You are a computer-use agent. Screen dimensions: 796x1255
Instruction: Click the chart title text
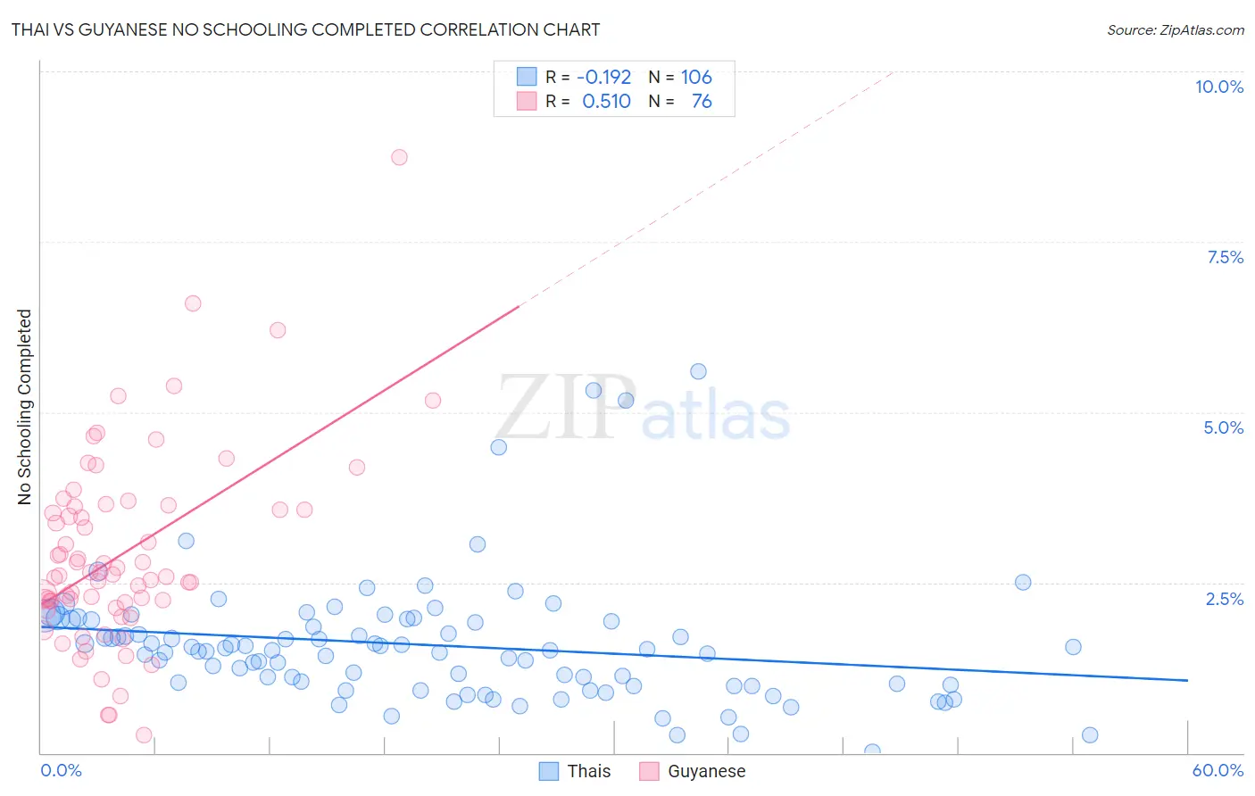tap(305, 29)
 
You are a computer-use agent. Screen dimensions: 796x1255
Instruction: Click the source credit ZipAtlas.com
tap(1175, 29)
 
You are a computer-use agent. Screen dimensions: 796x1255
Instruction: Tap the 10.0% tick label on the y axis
tap(1218, 87)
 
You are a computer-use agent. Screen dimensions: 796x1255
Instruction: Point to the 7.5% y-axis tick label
tap(1225, 257)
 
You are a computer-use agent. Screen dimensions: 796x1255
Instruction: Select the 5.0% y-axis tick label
tap(1223, 427)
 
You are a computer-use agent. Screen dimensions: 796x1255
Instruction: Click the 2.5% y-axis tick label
tap(1224, 599)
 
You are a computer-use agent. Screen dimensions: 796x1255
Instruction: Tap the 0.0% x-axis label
tap(61, 770)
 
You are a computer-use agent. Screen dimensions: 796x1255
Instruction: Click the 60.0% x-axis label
tap(1217, 770)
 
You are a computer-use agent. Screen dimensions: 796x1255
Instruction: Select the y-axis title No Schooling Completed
tap(25, 407)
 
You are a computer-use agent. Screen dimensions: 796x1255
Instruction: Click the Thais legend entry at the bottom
tap(576, 771)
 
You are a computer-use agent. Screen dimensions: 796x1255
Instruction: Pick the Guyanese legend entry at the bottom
tap(693, 771)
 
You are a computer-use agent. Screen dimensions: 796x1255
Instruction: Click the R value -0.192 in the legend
tap(603, 77)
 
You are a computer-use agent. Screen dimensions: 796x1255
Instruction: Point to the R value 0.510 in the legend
tap(606, 102)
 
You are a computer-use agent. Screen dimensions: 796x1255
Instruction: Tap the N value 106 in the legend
tap(696, 77)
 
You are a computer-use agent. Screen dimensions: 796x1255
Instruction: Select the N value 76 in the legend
tap(702, 102)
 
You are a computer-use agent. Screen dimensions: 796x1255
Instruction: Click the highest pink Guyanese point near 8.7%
tap(399, 157)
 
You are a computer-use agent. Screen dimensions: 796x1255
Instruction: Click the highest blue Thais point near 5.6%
tap(698, 371)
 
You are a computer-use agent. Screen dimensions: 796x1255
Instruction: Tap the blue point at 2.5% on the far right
tap(1023, 582)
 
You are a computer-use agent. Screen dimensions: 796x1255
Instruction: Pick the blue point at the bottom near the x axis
tap(872, 751)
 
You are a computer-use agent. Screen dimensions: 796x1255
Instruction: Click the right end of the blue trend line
tap(1187, 680)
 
